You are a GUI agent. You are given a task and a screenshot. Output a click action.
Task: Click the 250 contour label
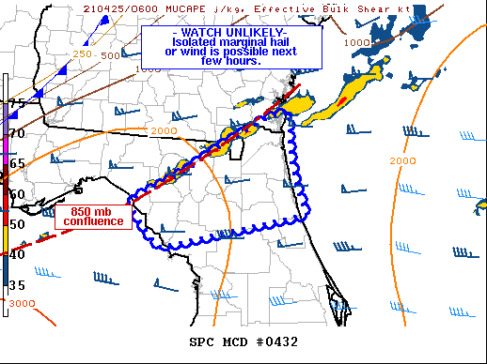tap(83, 55)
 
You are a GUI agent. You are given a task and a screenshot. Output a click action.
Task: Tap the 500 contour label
tap(110, 55)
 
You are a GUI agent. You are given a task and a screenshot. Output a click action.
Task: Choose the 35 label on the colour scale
tap(17, 284)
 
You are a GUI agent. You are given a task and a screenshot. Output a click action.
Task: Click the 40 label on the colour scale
tap(17, 253)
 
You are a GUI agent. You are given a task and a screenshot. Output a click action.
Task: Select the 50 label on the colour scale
tap(17, 223)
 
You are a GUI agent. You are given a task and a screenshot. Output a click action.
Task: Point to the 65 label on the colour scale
tap(17, 163)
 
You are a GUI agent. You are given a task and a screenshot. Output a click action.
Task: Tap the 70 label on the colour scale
tap(17, 133)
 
